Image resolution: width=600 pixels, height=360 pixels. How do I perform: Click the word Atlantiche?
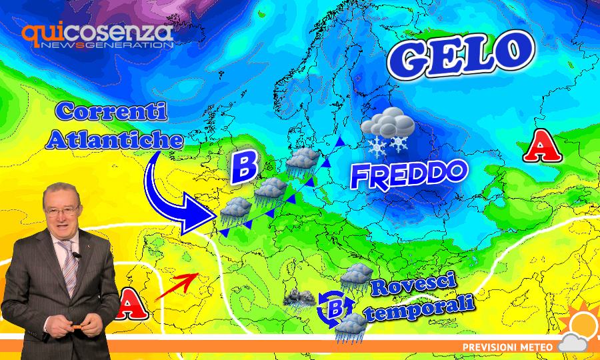coord(107,140)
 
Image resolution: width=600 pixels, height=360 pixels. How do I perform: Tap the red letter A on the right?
coord(542,147)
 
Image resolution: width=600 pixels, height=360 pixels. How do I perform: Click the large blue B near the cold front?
coord(243,167)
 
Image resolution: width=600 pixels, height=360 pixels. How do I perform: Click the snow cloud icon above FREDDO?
coord(387,129)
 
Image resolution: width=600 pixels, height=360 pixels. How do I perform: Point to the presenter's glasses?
coord(61,212)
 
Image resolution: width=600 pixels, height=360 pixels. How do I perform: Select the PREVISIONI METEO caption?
coord(506,346)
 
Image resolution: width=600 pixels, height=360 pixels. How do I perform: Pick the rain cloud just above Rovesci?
coord(357,274)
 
